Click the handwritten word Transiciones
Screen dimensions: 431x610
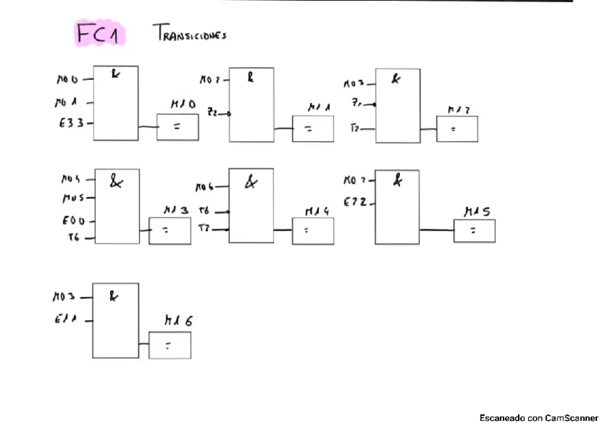[189, 33]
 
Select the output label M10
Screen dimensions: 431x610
[183, 104]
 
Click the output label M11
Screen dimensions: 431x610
[319, 107]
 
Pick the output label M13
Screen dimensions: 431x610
[176, 209]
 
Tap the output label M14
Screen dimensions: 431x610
[317, 211]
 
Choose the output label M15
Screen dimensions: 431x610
[478, 212]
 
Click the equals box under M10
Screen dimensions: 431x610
[178, 127]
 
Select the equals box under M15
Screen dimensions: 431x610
[474, 231]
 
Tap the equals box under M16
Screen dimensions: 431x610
[170, 345]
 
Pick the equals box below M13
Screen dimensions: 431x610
[170, 231]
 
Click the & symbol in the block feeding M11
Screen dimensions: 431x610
[250, 77]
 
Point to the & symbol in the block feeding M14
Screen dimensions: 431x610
[251, 183]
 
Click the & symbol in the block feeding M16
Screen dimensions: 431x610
[114, 294]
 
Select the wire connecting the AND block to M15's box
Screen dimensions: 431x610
[436, 230]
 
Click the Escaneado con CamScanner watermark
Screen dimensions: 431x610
[539, 418]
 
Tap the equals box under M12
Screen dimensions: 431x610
[457, 129]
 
